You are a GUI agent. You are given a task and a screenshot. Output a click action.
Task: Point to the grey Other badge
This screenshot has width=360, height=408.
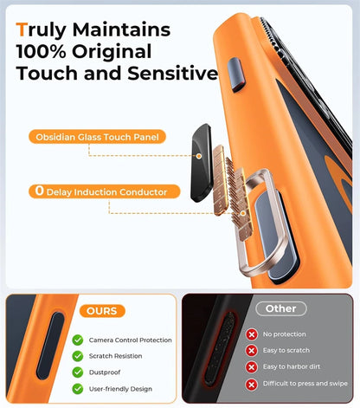(x=280, y=308)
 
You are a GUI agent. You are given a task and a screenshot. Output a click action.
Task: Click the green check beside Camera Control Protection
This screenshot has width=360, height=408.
(x=78, y=340)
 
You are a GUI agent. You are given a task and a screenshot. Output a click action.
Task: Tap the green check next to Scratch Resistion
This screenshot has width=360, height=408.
(x=78, y=356)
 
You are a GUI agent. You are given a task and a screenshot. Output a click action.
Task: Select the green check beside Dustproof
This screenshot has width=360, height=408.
(x=78, y=372)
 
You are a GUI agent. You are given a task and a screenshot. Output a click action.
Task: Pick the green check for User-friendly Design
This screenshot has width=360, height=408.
(x=78, y=389)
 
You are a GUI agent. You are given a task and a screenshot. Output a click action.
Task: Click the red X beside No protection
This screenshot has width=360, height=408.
(x=251, y=334)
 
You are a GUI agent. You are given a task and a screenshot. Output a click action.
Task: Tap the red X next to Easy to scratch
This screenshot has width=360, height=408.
(x=251, y=351)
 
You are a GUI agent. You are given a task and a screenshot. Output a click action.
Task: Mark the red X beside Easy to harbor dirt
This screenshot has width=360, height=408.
(x=251, y=367)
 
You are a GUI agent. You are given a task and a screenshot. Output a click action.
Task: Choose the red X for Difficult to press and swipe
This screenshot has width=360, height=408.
(x=251, y=384)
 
